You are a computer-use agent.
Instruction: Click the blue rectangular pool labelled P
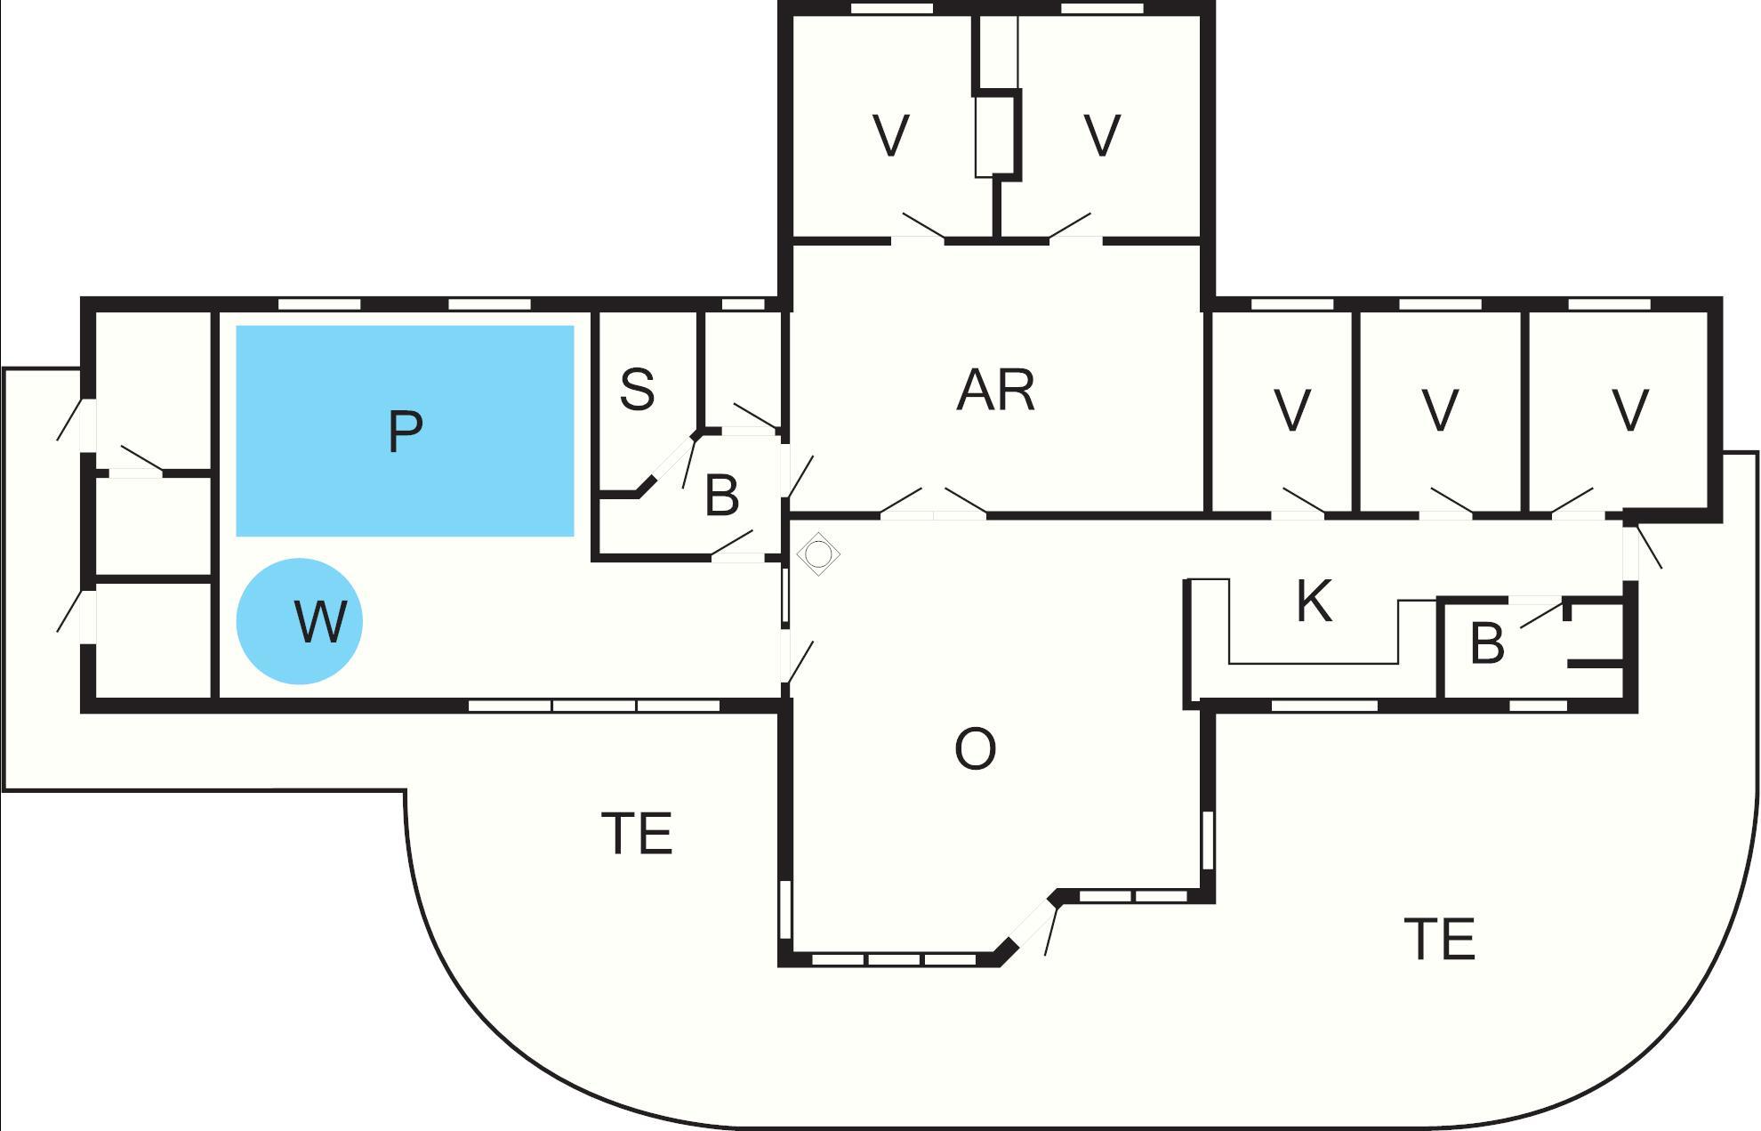tap(405, 432)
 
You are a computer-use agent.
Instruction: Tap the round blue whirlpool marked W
tap(300, 621)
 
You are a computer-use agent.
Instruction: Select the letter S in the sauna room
tap(637, 390)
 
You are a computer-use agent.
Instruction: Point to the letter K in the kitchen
tap(1315, 601)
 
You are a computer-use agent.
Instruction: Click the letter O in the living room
tap(975, 749)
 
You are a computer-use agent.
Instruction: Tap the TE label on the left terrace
tap(639, 834)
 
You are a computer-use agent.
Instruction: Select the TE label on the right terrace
tap(1440, 939)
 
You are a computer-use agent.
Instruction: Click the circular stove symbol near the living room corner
tap(818, 554)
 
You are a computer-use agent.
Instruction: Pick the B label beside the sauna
tap(721, 496)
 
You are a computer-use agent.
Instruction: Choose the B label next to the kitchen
tap(1487, 643)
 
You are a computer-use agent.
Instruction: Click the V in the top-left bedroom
tap(891, 136)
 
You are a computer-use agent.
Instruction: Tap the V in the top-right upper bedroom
tap(1103, 136)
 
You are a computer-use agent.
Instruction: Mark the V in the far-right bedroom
tap(1630, 411)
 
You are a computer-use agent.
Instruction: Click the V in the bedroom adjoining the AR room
tap(1292, 411)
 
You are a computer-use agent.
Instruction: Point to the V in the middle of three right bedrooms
tap(1440, 411)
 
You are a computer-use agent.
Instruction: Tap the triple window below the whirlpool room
tap(594, 706)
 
